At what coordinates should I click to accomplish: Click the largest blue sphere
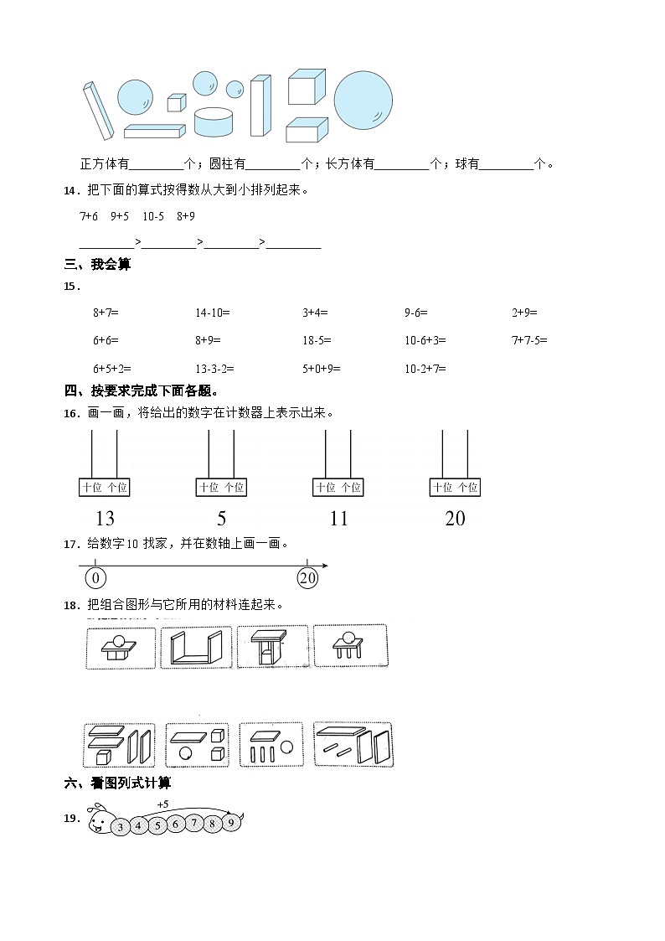point(363,100)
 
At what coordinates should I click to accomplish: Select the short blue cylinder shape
point(214,122)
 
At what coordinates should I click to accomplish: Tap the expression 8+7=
point(106,313)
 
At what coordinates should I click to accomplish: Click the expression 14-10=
point(212,313)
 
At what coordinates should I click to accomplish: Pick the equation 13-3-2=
point(214,368)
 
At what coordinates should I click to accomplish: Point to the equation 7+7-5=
point(529,340)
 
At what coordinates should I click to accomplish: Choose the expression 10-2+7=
point(425,368)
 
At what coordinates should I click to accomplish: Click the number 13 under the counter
point(105,519)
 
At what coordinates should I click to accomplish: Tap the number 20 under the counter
point(455,519)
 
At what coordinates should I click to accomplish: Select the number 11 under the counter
point(338,519)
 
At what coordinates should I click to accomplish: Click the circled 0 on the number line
point(95,578)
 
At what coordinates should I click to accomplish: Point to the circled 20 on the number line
point(307,578)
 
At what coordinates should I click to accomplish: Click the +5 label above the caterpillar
point(162,804)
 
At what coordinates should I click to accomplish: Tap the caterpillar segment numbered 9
point(229,823)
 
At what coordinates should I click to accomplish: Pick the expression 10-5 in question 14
point(153,216)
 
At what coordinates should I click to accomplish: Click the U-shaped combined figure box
point(196,647)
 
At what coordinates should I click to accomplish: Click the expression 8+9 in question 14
point(186,216)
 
